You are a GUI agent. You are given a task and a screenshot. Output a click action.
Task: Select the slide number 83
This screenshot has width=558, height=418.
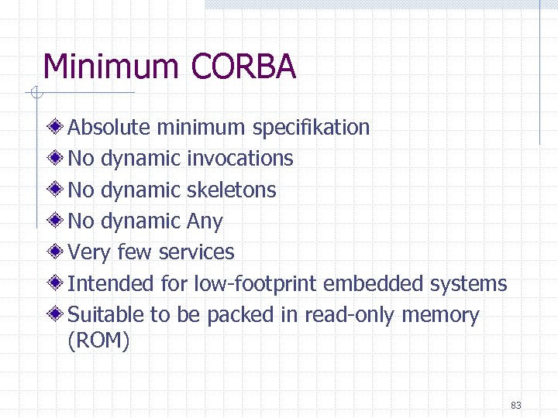[x=516, y=405]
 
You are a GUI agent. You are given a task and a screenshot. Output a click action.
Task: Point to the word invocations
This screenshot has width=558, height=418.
[x=240, y=159]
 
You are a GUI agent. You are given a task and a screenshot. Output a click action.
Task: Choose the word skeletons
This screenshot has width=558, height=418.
[x=232, y=190]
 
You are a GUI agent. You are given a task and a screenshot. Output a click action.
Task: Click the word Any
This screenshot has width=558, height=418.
[x=205, y=222]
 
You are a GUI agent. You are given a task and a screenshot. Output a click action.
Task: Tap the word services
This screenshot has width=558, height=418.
[x=195, y=252]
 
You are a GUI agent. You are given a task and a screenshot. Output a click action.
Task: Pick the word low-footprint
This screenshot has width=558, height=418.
[x=255, y=284]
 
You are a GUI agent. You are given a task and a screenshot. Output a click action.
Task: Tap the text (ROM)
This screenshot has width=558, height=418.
[x=99, y=340]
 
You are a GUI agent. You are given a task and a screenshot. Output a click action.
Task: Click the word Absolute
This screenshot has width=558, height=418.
[x=109, y=127]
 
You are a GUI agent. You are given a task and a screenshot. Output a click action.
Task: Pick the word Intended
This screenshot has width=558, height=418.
[x=112, y=284]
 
